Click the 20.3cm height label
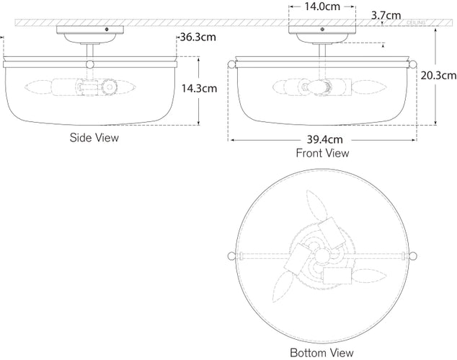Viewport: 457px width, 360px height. pos(438,74)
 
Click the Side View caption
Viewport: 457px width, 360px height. pos(94,136)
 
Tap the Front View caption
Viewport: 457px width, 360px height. pos(322,153)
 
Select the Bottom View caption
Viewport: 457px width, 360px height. pos(321,353)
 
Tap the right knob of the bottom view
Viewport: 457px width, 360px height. pos(413,254)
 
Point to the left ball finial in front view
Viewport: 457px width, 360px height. pos(232,66)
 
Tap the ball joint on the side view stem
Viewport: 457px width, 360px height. pos(91,65)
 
